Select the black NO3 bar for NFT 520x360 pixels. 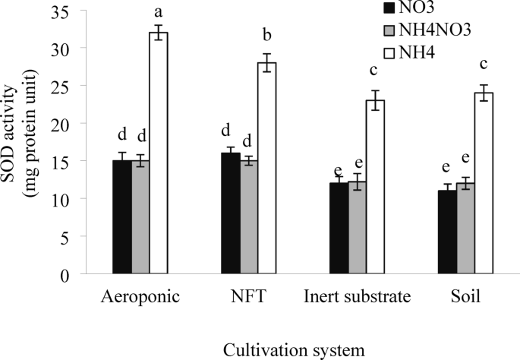tap(231, 213)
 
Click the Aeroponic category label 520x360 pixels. tap(140, 296)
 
